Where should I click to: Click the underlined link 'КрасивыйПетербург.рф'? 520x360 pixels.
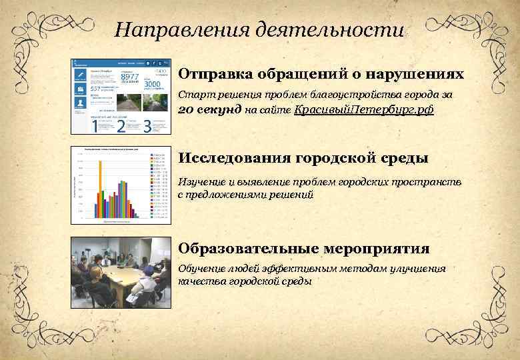[x=364, y=110]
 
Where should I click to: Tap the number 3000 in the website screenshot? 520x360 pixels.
[x=153, y=85]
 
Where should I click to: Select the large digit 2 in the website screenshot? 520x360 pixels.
[x=121, y=125]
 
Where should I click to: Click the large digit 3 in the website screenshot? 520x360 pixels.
[x=147, y=125]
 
